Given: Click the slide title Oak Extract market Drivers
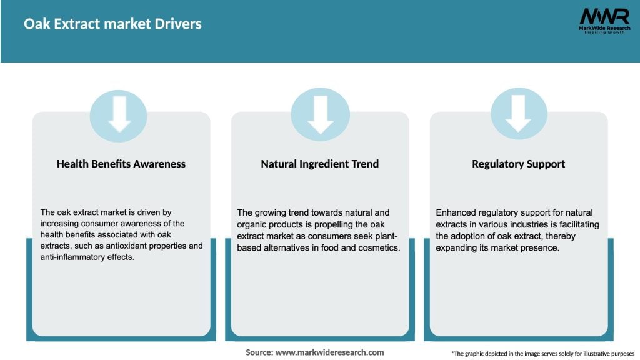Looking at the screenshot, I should point(112,24).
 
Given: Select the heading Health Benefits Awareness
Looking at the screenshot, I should point(121,164).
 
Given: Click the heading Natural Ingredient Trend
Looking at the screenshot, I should point(320,164).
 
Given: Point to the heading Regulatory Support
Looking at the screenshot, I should point(519,164).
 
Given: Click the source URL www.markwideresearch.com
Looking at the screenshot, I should point(329,352).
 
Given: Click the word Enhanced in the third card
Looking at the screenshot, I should point(454,212).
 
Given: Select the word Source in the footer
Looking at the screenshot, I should point(259,352).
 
